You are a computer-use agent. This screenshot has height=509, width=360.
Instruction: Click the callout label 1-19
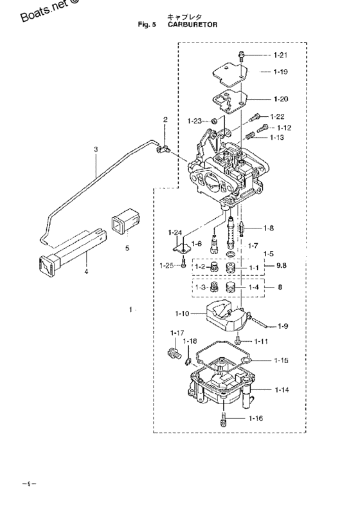tap(280, 73)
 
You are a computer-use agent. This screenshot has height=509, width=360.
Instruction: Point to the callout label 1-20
tap(280, 99)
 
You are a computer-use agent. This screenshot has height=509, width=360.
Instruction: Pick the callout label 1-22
tap(277, 116)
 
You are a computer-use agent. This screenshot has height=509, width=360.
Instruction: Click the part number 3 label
tap(96, 150)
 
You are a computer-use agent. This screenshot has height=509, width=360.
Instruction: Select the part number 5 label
tap(127, 247)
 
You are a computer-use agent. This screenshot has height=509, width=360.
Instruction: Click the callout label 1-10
tap(182, 314)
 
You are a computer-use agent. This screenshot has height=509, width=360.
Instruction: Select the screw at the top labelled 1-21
tap(240, 55)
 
